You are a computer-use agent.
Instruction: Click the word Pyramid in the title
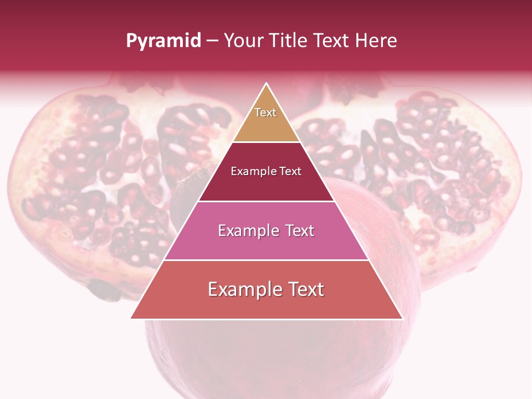[163, 41]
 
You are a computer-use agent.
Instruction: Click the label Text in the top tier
[265, 112]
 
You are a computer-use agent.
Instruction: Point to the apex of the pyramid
[267, 84]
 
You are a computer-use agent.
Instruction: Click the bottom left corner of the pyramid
[131, 318]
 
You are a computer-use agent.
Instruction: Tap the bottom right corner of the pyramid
[402, 318]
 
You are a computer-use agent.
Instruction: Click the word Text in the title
[331, 41]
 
